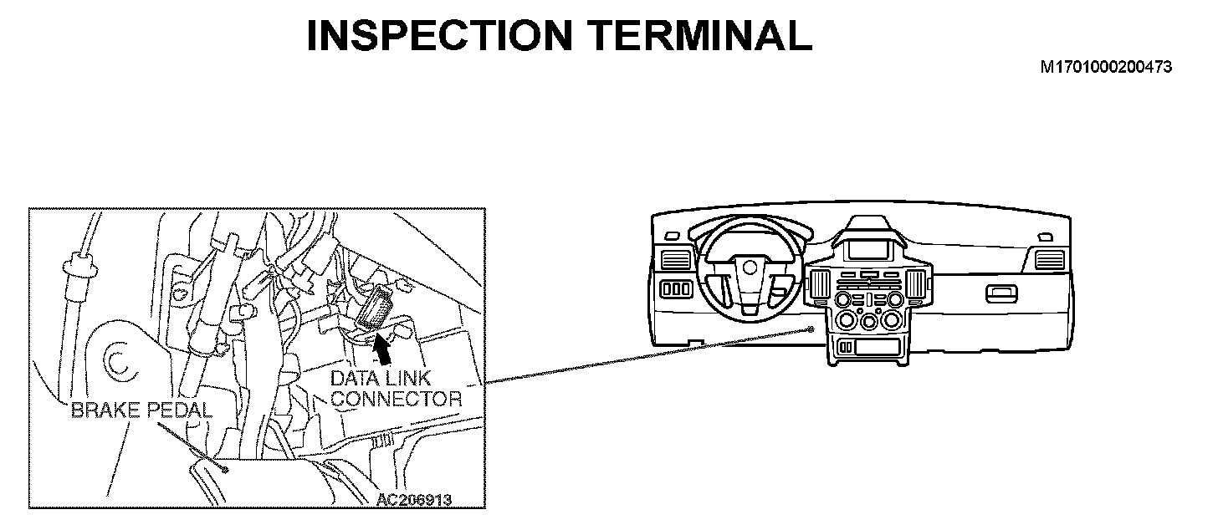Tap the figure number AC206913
414,499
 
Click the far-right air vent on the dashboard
1048,260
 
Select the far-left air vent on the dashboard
673,259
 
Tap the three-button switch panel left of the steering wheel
676,289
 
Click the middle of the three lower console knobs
870,322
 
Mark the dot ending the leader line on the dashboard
813,329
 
